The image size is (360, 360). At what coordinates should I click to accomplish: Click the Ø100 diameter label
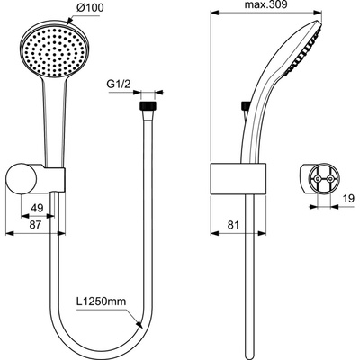(90, 8)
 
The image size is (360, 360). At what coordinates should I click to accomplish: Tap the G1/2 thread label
(119, 85)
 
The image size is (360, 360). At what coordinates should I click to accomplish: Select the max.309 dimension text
(266, 4)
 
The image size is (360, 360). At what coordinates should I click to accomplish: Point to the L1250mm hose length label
(101, 301)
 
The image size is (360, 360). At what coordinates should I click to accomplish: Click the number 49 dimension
(38, 208)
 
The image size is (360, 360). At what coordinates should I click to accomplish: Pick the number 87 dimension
(35, 225)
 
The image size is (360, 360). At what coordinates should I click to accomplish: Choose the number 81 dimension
(232, 225)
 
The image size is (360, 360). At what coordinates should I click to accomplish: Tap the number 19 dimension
(347, 199)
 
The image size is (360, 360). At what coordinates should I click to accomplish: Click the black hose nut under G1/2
(148, 107)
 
